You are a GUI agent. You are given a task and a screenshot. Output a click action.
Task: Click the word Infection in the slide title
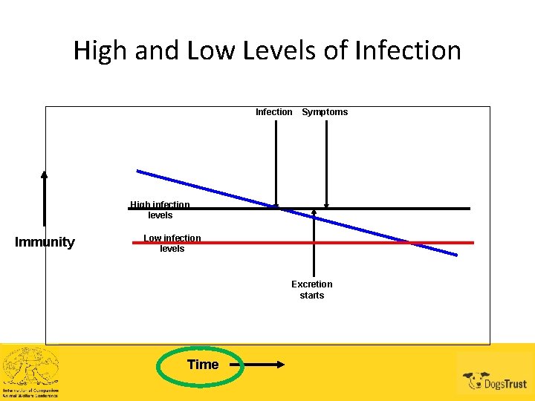point(409,50)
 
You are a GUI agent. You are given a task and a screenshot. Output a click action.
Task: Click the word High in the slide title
point(101,50)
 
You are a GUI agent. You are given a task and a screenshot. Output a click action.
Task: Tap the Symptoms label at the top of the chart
point(325,112)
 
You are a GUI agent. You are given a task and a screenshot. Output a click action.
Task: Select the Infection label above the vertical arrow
point(273,112)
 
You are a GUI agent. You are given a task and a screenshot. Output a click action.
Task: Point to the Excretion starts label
point(312,290)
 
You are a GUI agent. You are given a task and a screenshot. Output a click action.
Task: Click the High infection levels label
point(160,210)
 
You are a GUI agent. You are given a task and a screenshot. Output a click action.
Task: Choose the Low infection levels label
point(172,244)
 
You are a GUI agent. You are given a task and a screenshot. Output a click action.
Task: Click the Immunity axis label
point(45,242)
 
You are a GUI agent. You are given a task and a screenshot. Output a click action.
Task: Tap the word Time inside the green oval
point(203,365)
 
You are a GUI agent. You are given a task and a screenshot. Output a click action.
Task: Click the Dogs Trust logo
point(495,380)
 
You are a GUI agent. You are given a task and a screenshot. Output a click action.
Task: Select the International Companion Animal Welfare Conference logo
point(30,372)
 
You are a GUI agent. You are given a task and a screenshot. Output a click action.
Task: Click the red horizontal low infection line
point(446,242)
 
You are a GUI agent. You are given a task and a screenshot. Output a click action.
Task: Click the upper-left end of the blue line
point(138,172)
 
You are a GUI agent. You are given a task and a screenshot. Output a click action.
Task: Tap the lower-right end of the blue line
point(455,255)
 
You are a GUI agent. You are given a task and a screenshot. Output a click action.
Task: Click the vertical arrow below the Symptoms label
point(326,163)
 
